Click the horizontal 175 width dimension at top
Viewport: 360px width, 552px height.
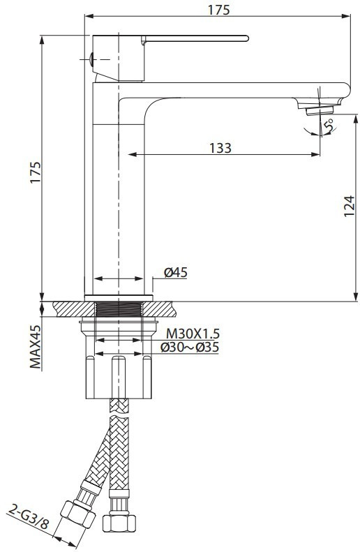pyautogui.click(x=218, y=10)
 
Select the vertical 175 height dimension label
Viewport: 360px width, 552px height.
pyautogui.click(x=36, y=172)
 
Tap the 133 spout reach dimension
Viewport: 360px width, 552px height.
pyautogui.click(x=220, y=148)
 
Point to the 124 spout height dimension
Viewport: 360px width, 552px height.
pyautogui.click(x=349, y=206)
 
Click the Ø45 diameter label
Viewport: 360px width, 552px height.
pyautogui.click(x=176, y=272)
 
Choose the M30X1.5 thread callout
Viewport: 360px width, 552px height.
pyautogui.click(x=193, y=333)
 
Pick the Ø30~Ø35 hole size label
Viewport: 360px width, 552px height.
pyautogui.click(x=190, y=348)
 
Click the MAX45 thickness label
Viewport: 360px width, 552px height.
pyautogui.click(x=36, y=346)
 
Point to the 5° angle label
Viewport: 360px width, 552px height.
pyautogui.click(x=329, y=126)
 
